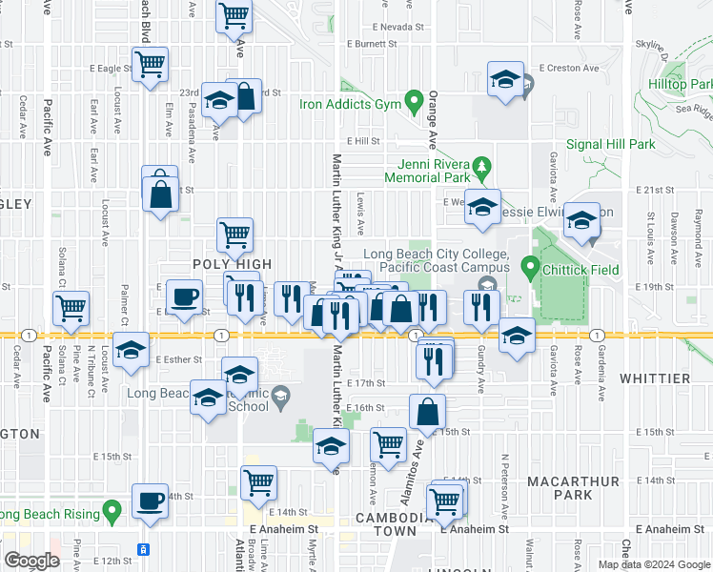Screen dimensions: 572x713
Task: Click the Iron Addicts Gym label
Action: (x=350, y=104)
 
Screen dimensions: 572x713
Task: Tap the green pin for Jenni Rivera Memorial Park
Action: (x=481, y=167)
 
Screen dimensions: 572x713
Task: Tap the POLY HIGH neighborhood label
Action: (x=234, y=264)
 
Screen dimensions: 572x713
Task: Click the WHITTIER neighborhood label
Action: (x=654, y=378)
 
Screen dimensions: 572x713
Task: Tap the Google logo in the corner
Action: (x=31, y=561)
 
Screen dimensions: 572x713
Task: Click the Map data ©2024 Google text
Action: (x=654, y=564)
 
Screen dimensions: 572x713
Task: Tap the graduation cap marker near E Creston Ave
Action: (x=505, y=79)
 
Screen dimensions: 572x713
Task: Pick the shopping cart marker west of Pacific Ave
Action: (x=71, y=309)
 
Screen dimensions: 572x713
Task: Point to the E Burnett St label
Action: (x=372, y=44)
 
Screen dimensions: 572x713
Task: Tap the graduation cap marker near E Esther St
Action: (x=131, y=350)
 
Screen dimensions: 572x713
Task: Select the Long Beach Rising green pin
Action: (x=112, y=513)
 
